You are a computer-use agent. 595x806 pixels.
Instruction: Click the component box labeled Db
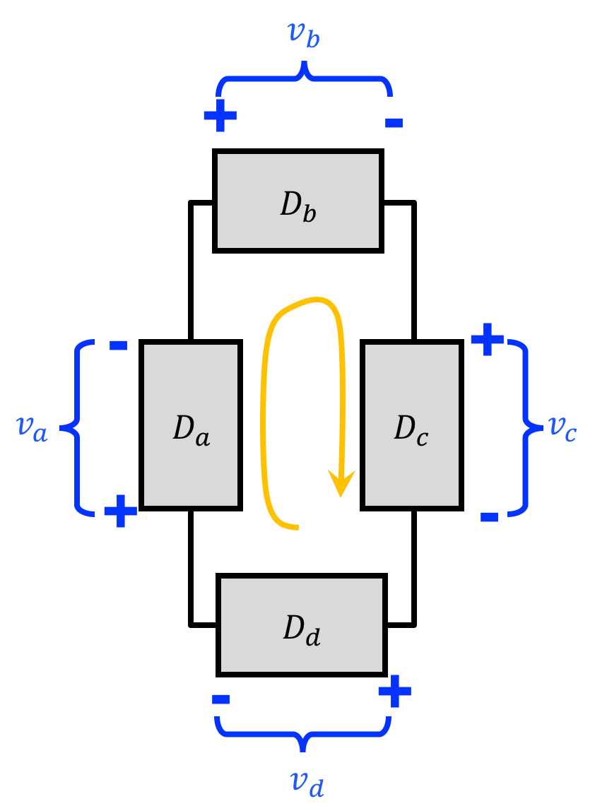click(x=298, y=201)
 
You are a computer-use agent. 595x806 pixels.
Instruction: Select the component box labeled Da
click(x=191, y=425)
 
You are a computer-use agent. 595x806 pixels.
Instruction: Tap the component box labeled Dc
click(x=412, y=425)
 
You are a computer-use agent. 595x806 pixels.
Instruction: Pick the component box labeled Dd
click(x=302, y=625)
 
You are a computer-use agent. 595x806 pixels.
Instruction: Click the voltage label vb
click(x=304, y=35)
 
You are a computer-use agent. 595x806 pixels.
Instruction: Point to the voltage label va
click(x=32, y=429)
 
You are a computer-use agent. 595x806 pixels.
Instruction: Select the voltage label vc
click(x=562, y=428)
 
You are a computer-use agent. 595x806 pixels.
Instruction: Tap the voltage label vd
click(x=307, y=783)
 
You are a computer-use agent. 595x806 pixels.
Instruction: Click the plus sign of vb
click(x=220, y=115)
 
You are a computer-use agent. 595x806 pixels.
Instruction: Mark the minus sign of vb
click(x=394, y=122)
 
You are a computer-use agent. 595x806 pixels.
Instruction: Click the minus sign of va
click(x=118, y=345)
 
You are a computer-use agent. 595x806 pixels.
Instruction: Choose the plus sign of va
click(x=121, y=511)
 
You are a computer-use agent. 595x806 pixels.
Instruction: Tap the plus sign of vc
click(x=488, y=339)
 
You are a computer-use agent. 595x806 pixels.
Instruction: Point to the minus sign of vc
click(x=490, y=517)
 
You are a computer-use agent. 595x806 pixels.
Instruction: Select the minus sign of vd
click(x=220, y=699)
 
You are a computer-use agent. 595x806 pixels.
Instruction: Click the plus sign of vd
click(x=395, y=692)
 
